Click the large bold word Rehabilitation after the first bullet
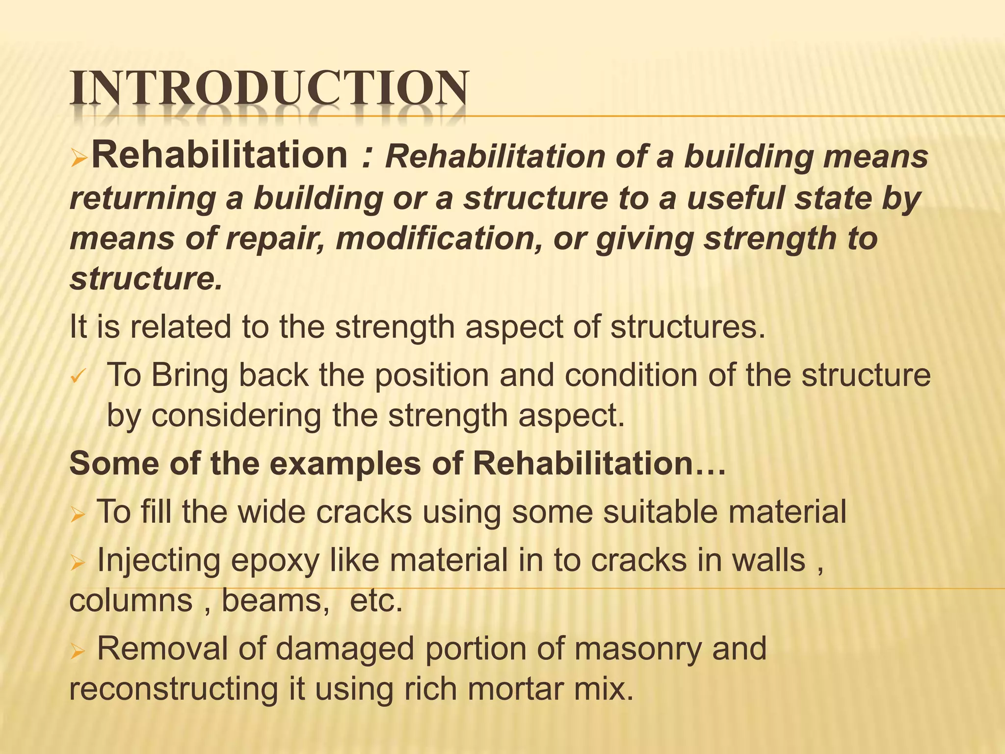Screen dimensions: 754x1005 pyautogui.click(x=220, y=155)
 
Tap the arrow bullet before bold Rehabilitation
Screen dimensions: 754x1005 pyautogui.click(x=79, y=158)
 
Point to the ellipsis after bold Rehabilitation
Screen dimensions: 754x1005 pyautogui.click(x=710, y=466)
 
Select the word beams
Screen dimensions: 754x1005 pyautogui.click(x=275, y=601)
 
